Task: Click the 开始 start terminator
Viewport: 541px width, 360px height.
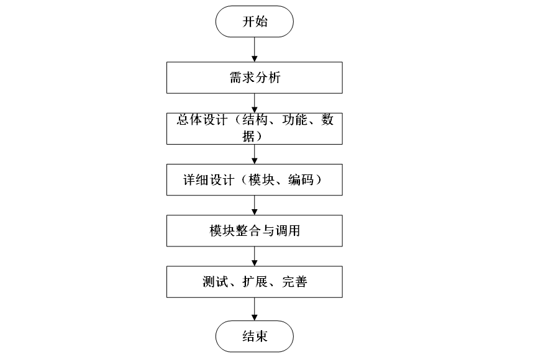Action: pyautogui.click(x=254, y=22)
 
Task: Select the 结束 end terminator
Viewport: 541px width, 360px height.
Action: pyautogui.click(x=254, y=336)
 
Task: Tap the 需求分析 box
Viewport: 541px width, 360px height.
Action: pyautogui.click(x=254, y=78)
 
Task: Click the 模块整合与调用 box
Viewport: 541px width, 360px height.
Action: pyautogui.click(x=254, y=231)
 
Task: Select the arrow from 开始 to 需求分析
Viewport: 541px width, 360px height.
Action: pyautogui.click(x=255, y=49)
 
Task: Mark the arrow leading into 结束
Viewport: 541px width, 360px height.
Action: pyautogui.click(x=255, y=308)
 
